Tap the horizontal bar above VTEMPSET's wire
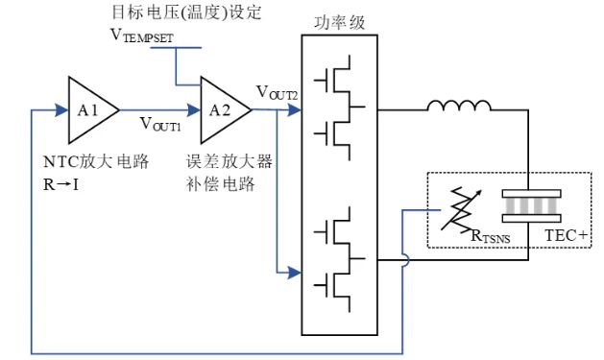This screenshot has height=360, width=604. [x=177, y=47]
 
